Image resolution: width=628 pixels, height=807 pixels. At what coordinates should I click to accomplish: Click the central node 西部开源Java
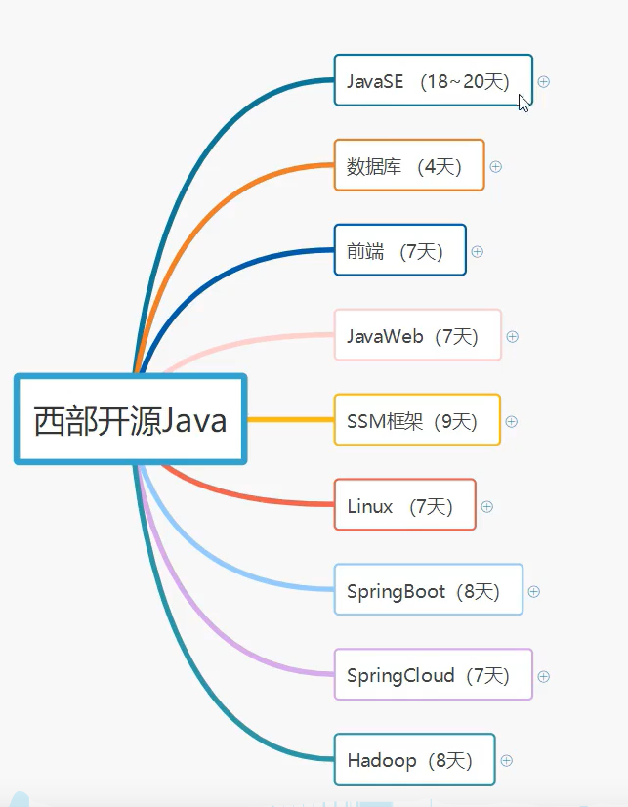click(131, 420)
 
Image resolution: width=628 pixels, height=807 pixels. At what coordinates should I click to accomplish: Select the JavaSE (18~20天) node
click(433, 82)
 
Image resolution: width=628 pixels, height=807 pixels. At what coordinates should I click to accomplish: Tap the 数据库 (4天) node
click(408, 166)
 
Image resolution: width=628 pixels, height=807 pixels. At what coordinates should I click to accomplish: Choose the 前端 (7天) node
click(399, 251)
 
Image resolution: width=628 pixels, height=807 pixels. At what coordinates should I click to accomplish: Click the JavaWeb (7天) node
click(417, 336)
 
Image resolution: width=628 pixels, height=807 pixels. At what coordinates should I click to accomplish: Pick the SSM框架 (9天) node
click(416, 421)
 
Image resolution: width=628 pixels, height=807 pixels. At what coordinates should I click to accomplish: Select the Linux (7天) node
click(404, 506)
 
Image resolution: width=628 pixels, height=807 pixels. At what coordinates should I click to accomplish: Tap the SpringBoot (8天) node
click(428, 591)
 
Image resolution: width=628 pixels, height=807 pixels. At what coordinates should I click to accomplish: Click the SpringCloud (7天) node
click(433, 675)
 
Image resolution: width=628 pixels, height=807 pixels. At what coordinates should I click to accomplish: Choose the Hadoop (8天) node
click(414, 760)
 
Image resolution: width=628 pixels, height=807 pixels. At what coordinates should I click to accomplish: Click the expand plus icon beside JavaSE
click(544, 82)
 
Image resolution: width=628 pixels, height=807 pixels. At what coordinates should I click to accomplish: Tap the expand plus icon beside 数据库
click(496, 167)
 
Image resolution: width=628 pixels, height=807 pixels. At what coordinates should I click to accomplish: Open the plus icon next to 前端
click(478, 251)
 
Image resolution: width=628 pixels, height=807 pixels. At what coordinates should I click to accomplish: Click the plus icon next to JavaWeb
click(513, 337)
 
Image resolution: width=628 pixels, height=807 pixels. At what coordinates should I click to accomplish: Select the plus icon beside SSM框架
click(512, 422)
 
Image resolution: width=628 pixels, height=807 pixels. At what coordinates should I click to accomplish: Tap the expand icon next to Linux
click(487, 506)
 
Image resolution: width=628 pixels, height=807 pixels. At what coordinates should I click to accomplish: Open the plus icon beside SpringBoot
click(534, 591)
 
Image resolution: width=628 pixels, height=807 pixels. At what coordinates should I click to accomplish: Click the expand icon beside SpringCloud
click(544, 676)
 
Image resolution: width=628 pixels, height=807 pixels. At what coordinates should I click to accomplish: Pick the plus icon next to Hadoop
click(507, 760)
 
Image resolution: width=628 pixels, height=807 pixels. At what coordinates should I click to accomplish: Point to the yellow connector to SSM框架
click(290, 420)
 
